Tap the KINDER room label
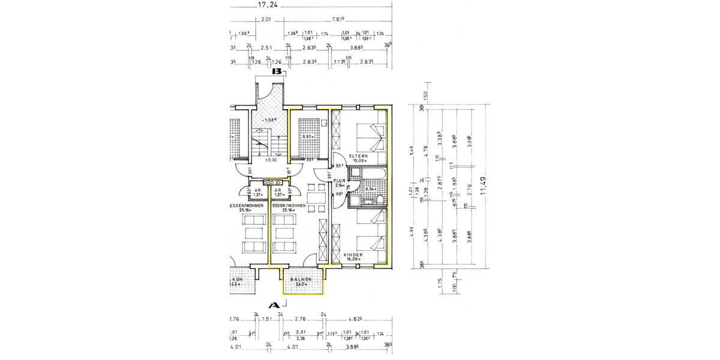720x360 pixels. click(x=354, y=254)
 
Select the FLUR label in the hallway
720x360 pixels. click(x=340, y=180)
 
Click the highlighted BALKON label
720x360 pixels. click(x=300, y=280)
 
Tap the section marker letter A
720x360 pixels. click(x=274, y=305)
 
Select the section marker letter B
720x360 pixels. click(x=277, y=71)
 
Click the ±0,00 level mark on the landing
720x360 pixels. click(x=271, y=160)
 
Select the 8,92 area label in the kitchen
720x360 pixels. click(x=308, y=137)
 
